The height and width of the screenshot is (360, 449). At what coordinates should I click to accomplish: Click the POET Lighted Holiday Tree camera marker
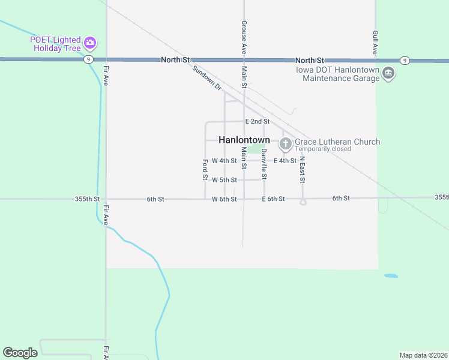pyautogui.click(x=91, y=43)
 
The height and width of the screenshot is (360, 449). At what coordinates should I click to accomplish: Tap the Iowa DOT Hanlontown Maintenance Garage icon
pyautogui.click(x=388, y=73)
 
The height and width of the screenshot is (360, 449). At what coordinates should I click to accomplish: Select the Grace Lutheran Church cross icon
pyautogui.click(x=285, y=143)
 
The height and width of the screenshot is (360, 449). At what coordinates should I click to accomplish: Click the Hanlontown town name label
pyautogui.click(x=244, y=140)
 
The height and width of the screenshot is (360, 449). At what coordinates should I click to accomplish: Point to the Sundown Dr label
pyautogui.click(x=207, y=79)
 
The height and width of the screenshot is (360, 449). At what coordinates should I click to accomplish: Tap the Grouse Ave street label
pyautogui.click(x=244, y=37)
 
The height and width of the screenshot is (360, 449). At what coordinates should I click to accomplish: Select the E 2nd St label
pyautogui.click(x=257, y=121)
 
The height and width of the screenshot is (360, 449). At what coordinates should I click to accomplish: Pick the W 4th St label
pyautogui.click(x=224, y=161)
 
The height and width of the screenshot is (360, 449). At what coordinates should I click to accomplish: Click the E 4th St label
pyautogui.click(x=285, y=161)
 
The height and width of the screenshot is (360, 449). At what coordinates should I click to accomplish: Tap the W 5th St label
pyautogui.click(x=224, y=180)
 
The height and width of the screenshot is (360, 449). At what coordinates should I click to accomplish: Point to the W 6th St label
pyautogui.click(x=224, y=199)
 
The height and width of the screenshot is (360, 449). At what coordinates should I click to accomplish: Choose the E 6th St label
pyautogui.click(x=273, y=199)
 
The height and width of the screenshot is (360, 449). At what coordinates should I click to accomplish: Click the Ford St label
pyautogui.click(x=205, y=170)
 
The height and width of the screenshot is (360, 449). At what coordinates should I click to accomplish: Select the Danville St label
pyautogui.click(x=264, y=164)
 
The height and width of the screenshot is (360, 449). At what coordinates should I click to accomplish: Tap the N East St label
pyautogui.click(x=303, y=170)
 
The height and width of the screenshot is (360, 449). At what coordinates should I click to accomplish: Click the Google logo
pyautogui.click(x=20, y=353)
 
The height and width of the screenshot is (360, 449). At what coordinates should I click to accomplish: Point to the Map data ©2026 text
pyautogui.click(x=423, y=355)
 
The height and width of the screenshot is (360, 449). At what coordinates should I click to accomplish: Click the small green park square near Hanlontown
pyautogui.click(x=255, y=149)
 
